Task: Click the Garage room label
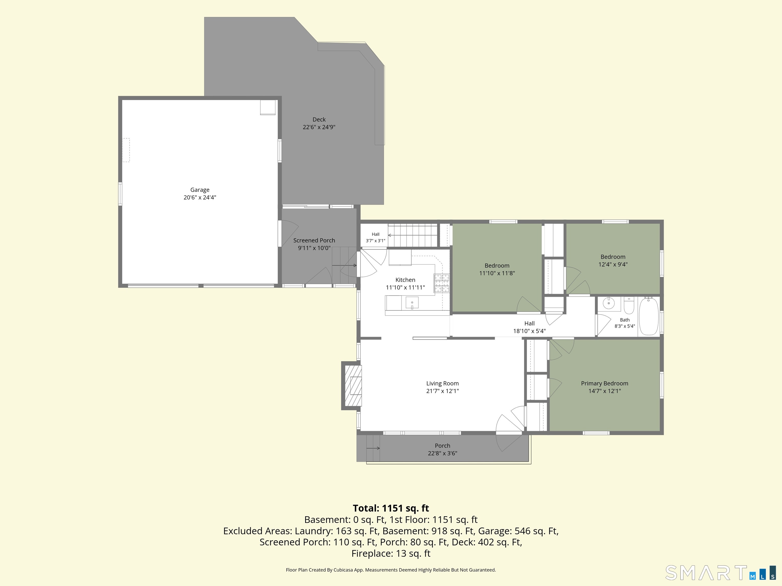coord(200,190)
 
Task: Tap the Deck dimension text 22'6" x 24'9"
coord(319,127)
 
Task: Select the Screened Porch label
coord(314,240)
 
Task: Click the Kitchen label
coord(405,280)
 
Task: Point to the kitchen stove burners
coord(442,283)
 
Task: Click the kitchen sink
coord(412,303)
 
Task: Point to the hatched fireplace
coord(353,386)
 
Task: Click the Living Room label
coord(442,383)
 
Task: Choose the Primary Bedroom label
coord(605,383)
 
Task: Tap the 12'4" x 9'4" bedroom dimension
coord(613,265)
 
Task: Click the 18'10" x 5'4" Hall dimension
coord(529,331)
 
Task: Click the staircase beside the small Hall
coord(413,235)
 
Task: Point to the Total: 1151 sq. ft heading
coord(391,508)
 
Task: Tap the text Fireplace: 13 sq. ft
coord(391,553)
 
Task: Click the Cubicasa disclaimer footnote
coord(391,570)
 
